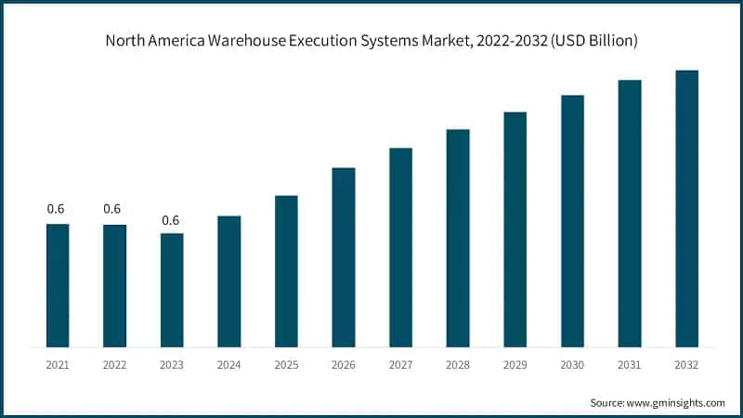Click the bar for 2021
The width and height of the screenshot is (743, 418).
tap(58, 286)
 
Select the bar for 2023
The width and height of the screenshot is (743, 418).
tap(172, 291)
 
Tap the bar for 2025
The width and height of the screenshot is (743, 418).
tap(286, 271)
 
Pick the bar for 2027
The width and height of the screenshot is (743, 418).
tap(400, 248)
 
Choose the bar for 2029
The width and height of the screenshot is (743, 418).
tap(515, 229)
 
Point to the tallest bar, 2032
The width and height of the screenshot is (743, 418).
tap(686, 209)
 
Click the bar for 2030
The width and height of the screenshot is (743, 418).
tap(572, 221)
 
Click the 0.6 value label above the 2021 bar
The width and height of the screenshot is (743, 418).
tap(57, 209)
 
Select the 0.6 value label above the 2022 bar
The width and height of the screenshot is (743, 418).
tap(112, 209)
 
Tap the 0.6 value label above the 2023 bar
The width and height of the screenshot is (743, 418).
tap(171, 220)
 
